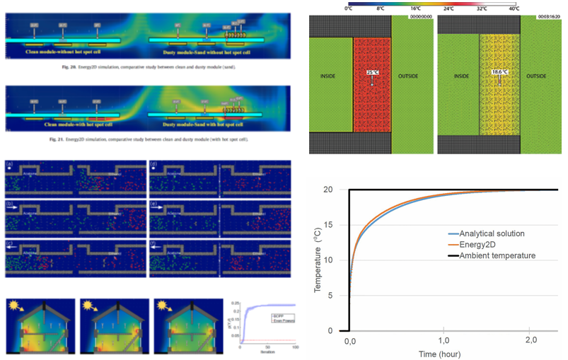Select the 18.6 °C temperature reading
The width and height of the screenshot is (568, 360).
499,73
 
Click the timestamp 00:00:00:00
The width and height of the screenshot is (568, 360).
418,14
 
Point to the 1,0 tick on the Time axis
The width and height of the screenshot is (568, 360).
443,342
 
